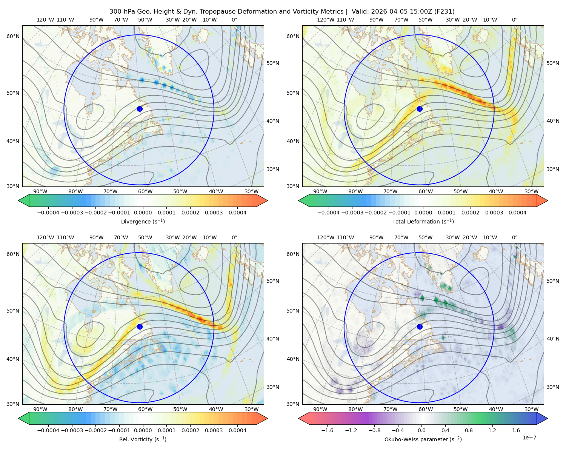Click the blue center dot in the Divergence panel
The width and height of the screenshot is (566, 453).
point(140,109)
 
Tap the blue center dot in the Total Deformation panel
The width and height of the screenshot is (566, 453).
point(420,109)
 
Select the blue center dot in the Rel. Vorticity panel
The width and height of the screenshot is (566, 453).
point(140,327)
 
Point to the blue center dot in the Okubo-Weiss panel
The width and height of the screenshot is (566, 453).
point(420,327)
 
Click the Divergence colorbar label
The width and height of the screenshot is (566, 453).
point(143,222)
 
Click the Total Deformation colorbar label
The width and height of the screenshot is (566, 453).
point(423,222)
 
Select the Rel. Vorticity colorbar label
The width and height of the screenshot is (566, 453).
point(143,439)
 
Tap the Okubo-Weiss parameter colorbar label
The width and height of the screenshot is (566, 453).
point(423,439)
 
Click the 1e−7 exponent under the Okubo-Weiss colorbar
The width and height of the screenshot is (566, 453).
point(529,438)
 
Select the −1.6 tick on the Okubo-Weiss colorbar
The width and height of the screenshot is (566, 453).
point(327,430)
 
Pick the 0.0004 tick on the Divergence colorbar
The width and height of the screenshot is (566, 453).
point(237,213)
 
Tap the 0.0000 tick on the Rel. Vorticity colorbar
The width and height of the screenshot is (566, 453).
point(143,430)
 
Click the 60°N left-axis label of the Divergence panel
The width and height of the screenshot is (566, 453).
point(13,36)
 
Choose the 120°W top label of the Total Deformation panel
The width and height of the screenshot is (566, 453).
point(325,20)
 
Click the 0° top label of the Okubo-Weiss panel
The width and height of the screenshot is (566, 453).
point(515,237)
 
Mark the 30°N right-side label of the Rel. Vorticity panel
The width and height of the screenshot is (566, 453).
point(273,387)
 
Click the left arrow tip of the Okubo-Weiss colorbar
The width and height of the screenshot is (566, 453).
point(298,418)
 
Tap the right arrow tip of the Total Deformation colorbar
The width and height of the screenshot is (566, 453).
point(548,200)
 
